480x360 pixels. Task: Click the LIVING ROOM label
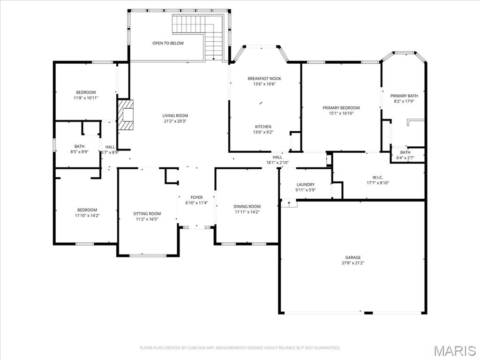click(x=175, y=115)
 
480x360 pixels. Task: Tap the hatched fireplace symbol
click(x=126, y=115)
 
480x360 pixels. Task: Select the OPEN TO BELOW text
click(x=168, y=43)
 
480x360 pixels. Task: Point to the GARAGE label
click(x=353, y=257)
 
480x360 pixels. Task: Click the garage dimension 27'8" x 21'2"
click(x=353, y=263)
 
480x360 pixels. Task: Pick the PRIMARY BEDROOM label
click(x=341, y=108)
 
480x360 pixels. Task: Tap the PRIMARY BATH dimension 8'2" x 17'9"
click(x=404, y=101)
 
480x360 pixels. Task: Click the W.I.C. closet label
click(x=378, y=178)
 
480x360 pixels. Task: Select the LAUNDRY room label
click(x=306, y=185)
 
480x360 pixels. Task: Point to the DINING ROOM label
click(x=247, y=206)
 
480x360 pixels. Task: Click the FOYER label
click(x=196, y=197)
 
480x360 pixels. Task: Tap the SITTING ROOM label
click(x=147, y=214)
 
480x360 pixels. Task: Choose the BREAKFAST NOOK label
click(x=264, y=79)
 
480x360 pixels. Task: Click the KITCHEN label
click(x=263, y=127)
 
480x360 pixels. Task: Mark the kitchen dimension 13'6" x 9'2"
click(x=263, y=132)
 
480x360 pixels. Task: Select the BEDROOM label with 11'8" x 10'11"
click(x=86, y=92)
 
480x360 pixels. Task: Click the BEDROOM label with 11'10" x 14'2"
click(x=87, y=210)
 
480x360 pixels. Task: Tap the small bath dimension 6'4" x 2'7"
click(x=405, y=158)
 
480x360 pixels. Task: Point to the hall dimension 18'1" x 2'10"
click(x=277, y=163)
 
